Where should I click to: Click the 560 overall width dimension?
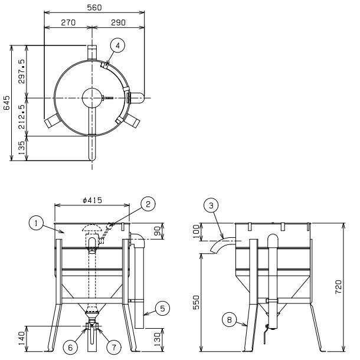(x=94, y=8)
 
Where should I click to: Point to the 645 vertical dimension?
(x=6, y=103)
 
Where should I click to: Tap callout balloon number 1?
(x=37, y=223)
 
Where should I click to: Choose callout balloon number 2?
(x=149, y=204)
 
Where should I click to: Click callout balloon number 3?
(x=210, y=206)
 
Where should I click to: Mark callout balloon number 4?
(x=118, y=45)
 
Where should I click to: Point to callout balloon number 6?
(x=70, y=348)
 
